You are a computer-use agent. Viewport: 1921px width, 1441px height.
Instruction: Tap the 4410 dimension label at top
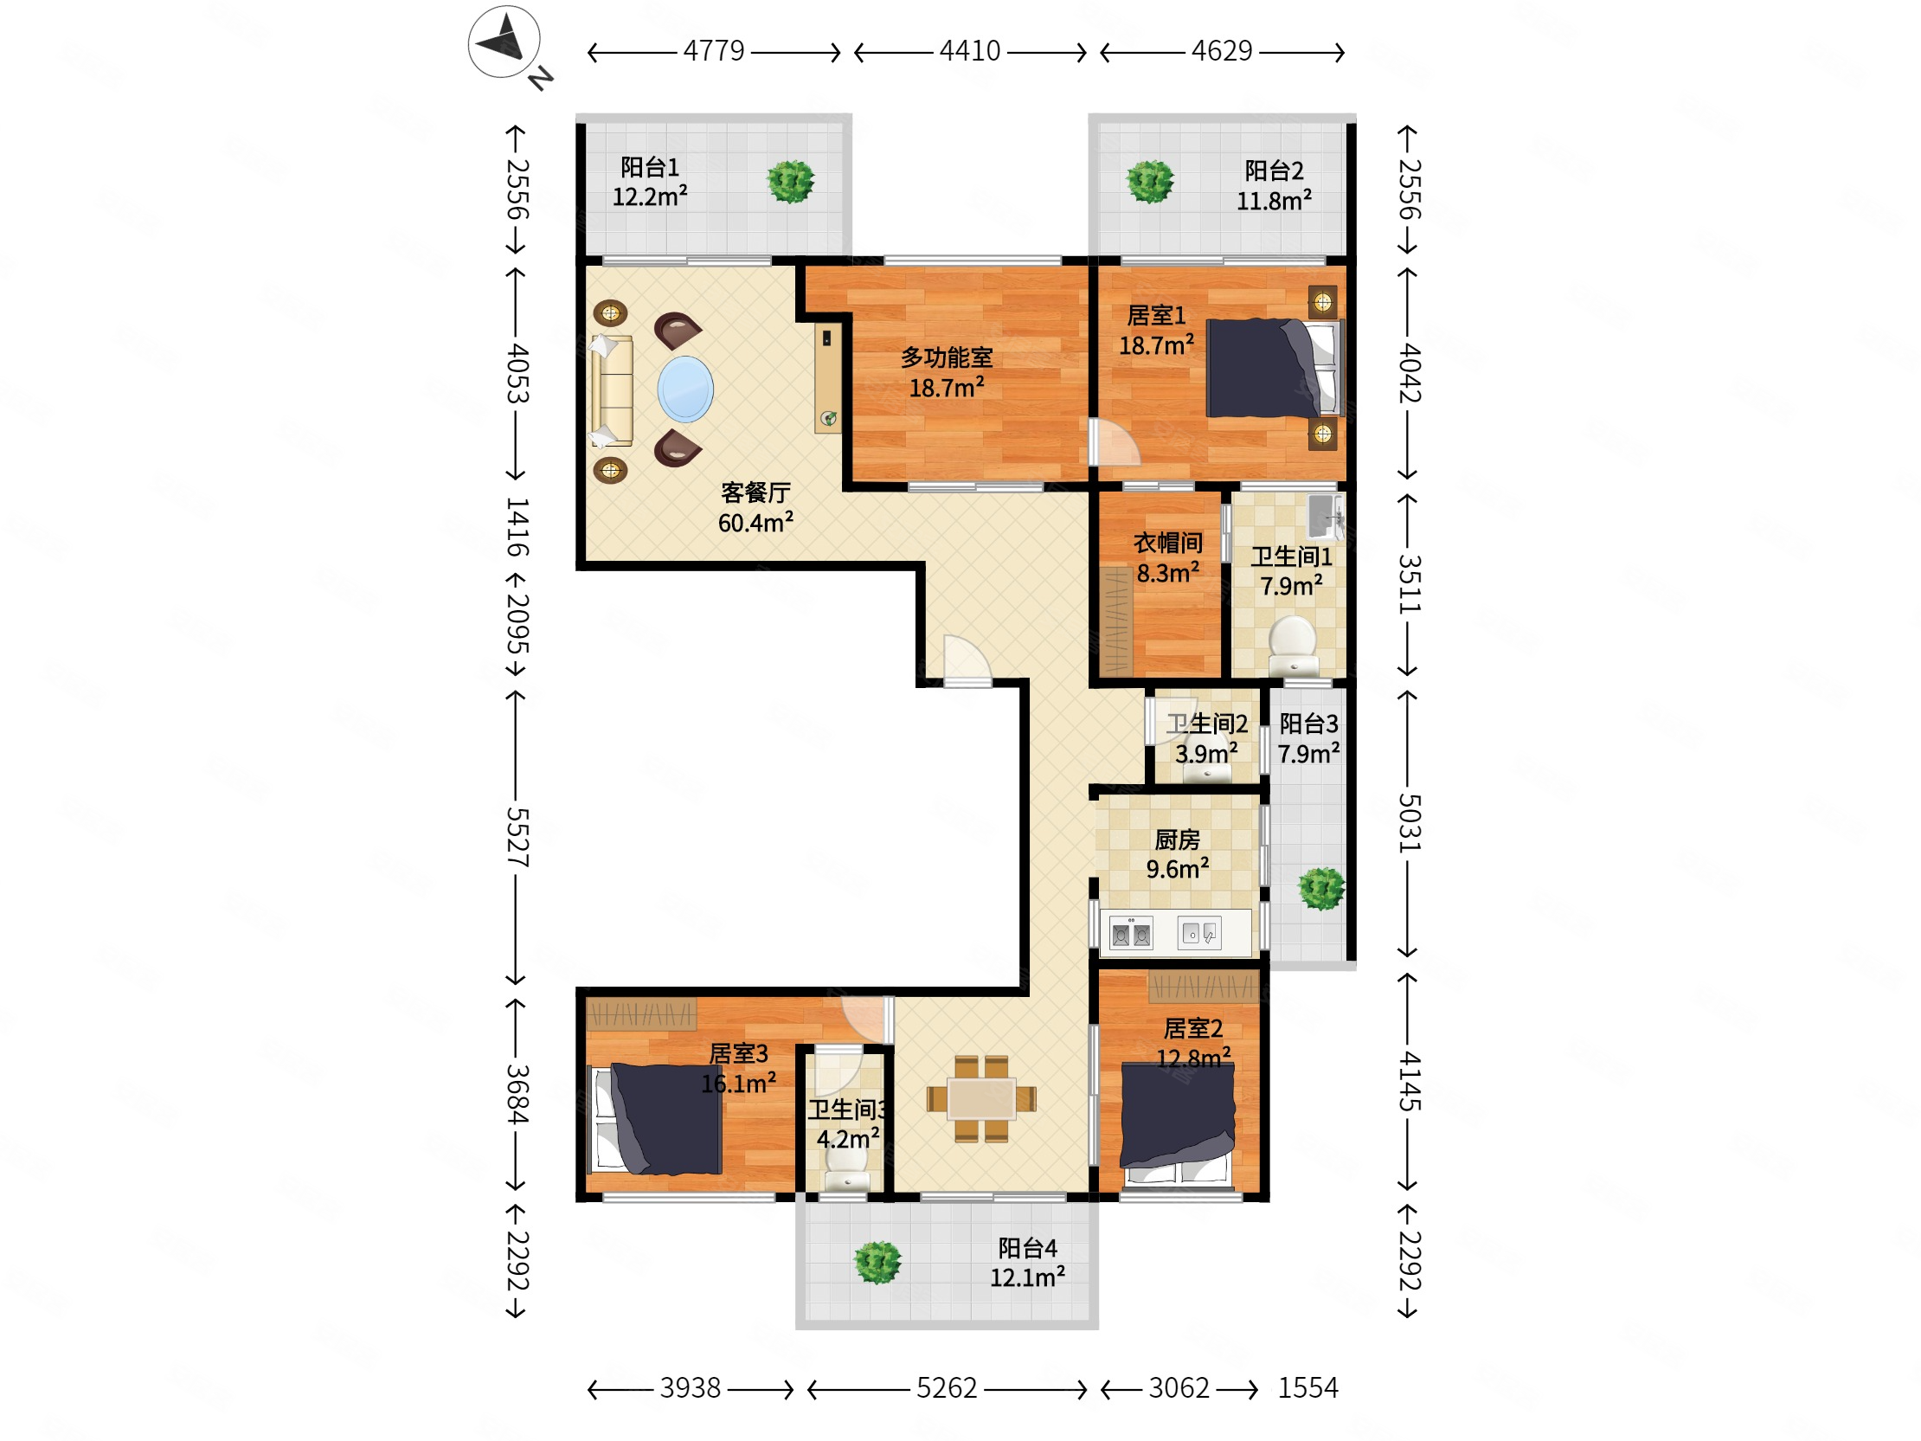coord(970,51)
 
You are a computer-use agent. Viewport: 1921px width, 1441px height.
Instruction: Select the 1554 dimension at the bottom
coord(1307,1388)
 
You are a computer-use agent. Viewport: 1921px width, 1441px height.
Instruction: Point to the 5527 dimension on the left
coord(517,836)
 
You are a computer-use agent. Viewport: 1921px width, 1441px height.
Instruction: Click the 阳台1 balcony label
coord(650,167)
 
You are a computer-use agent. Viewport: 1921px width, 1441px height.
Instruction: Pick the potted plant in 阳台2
coord(1150,182)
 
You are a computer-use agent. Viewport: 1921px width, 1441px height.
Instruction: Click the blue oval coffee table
coord(685,389)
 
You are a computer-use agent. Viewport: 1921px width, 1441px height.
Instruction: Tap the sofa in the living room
coord(612,391)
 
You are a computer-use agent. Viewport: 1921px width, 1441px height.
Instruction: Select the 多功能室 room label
coord(947,357)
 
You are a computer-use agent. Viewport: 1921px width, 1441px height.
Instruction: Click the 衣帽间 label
coord(1168,543)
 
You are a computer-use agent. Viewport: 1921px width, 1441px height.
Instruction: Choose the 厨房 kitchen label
coord(1177,840)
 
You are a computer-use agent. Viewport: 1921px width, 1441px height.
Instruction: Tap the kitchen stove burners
coord(1132,934)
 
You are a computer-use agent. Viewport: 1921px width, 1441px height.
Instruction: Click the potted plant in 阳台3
coord(1322,889)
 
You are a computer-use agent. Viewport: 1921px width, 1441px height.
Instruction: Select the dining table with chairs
coord(981,1099)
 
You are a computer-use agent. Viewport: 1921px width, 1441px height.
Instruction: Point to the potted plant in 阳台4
coord(877,1262)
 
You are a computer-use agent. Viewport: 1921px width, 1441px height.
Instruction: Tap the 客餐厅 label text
coord(755,492)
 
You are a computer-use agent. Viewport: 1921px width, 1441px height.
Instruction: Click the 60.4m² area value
coord(755,522)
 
